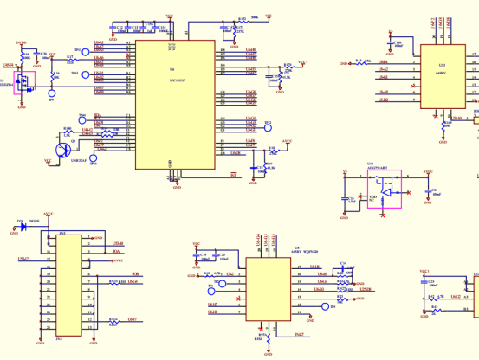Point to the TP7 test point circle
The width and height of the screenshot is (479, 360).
pyautogui.click(x=50, y=93)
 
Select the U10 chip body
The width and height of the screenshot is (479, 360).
pyautogui.click(x=443, y=76)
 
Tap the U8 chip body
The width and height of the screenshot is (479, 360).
pyautogui.click(x=268, y=288)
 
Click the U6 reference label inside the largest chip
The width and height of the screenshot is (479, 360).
pyautogui.click(x=172, y=69)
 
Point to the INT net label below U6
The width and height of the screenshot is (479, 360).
pyautogui.click(x=233, y=175)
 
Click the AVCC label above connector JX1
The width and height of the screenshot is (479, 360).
pyautogui.click(x=48, y=214)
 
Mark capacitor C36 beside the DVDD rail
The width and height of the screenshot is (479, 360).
pyautogui.click(x=37, y=57)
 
